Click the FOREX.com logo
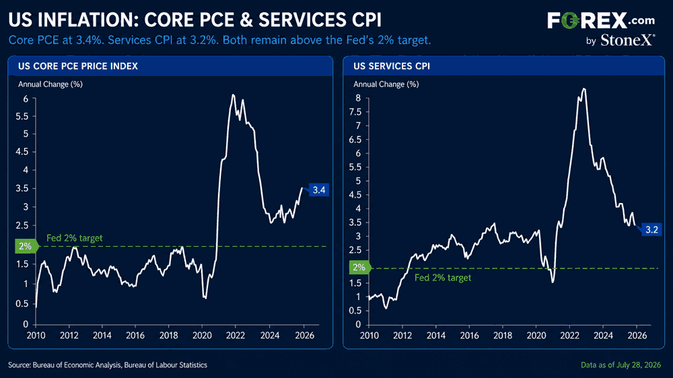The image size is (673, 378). pyautogui.click(x=601, y=20)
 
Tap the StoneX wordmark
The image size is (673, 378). pyautogui.click(x=627, y=40)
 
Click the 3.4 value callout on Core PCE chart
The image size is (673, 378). pyautogui.click(x=318, y=190)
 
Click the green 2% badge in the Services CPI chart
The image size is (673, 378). pyautogui.click(x=359, y=268)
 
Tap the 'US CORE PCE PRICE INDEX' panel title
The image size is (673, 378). pyautogui.click(x=77, y=66)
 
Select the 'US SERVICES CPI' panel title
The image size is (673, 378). pyautogui.click(x=392, y=66)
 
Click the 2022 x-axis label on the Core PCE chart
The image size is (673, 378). pyautogui.click(x=235, y=335)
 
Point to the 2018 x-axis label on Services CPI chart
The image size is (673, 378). pyautogui.click(x=503, y=335)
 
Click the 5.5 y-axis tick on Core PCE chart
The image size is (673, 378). pyautogui.click(x=22, y=116)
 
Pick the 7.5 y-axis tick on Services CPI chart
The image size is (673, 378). pyautogui.click(x=355, y=112)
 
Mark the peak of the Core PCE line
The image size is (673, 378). pyautogui.click(x=233, y=95)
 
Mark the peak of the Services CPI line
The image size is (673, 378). pyautogui.click(x=583, y=89)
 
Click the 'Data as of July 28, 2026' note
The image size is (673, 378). pyautogui.click(x=621, y=365)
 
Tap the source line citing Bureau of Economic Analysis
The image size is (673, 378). pyautogui.click(x=107, y=365)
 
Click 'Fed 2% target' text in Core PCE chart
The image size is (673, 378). pyautogui.click(x=74, y=237)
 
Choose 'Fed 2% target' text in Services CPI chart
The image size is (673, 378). pyautogui.click(x=443, y=278)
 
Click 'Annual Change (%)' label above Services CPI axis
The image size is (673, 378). pyautogui.click(x=386, y=84)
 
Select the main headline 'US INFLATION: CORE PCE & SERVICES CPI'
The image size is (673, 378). pyautogui.click(x=194, y=20)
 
